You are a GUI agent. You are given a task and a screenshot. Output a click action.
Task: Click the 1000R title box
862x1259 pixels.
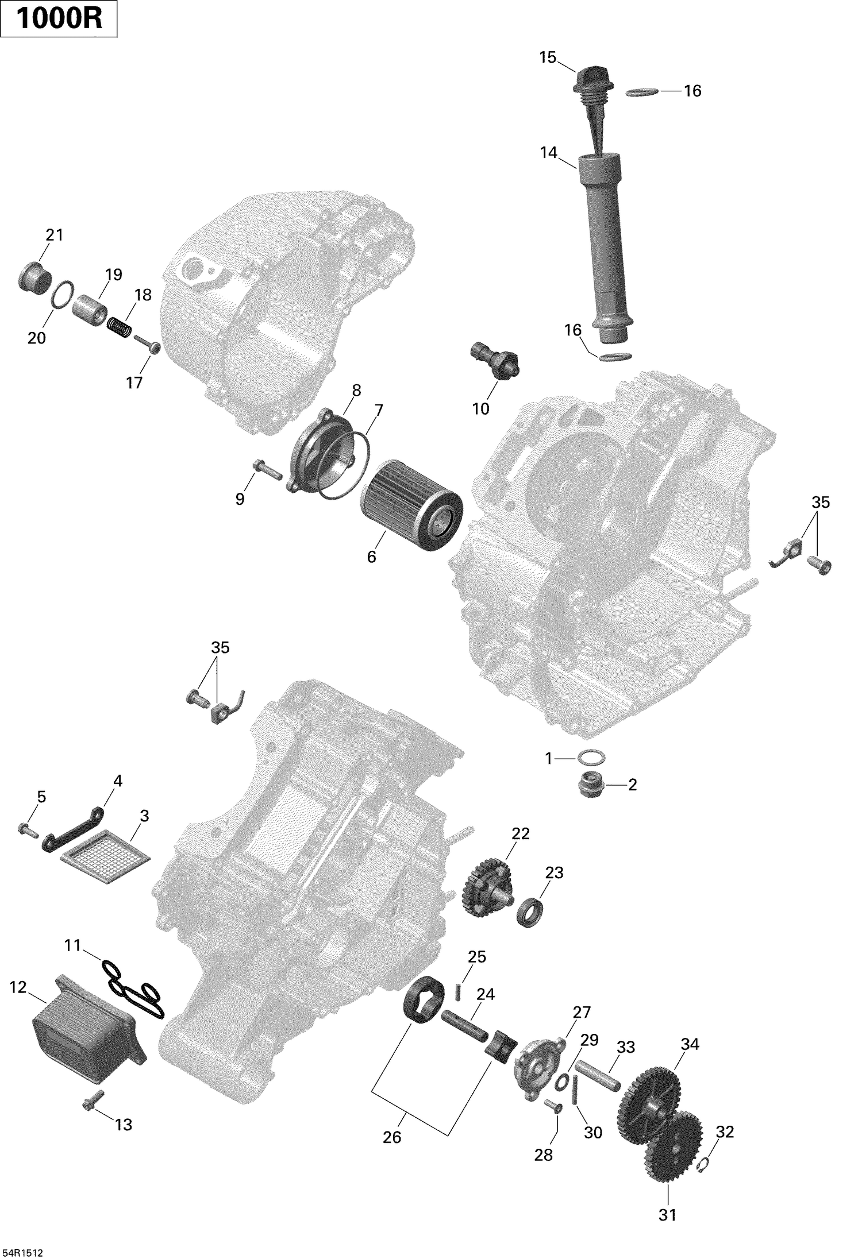pyautogui.click(x=59, y=19)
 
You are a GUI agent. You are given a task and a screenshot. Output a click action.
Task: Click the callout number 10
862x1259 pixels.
pyautogui.click(x=480, y=408)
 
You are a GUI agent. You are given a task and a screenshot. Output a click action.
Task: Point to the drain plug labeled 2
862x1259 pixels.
pyautogui.click(x=590, y=784)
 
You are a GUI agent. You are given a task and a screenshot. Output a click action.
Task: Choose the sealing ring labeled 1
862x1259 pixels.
pyautogui.click(x=590, y=758)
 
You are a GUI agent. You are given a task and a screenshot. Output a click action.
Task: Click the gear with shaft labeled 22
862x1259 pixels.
pyautogui.click(x=489, y=895)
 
